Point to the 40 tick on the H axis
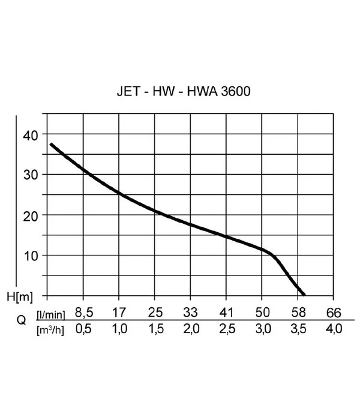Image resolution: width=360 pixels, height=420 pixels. [x=29, y=135]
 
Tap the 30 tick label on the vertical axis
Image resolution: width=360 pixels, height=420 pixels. [x=29, y=175]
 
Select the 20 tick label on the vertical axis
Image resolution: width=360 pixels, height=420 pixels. [x=29, y=215]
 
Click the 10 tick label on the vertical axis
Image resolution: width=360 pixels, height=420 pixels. [x=29, y=255]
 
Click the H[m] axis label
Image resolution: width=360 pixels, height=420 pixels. [x=24, y=296]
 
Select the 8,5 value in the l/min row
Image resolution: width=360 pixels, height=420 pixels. [x=83, y=313]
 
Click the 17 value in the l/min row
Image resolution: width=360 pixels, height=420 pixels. [x=119, y=313]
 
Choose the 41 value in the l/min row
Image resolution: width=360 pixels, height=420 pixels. [x=226, y=313]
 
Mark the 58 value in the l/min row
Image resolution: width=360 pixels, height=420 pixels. [x=298, y=313]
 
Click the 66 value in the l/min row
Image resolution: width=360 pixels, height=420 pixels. [x=334, y=313]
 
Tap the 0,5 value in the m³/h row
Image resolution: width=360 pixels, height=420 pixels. [x=83, y=329]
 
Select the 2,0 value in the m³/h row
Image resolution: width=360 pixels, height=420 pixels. [x=190, y=329]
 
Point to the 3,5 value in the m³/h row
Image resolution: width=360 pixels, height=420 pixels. [x=298, y=329]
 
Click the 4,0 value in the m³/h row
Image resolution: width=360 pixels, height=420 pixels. [x=334, y=329]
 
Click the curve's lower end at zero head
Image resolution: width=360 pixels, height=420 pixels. [x=304, y=295]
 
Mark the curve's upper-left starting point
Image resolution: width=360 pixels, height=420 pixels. [x=51, y=144]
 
